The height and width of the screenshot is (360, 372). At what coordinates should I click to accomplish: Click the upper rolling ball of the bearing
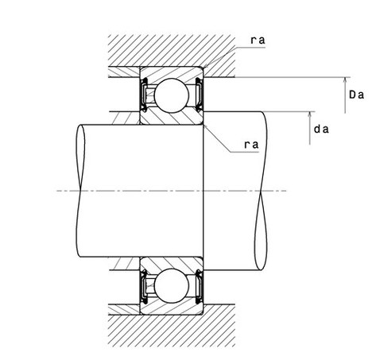click(172, 95)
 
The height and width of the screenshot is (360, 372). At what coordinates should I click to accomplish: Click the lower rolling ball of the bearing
click(172, 286)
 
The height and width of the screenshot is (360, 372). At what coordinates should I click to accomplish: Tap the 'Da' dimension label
click(356, 95)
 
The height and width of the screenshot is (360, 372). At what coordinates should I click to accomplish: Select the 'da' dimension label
click(321, 130)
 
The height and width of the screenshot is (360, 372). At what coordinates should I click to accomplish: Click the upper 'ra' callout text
click(258, 41)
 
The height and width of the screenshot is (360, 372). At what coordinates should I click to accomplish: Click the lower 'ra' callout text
click(251, 145)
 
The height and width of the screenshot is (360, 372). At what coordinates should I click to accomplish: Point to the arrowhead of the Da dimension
click(345, 80)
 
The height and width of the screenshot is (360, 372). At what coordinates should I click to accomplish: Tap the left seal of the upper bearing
click(144, 95)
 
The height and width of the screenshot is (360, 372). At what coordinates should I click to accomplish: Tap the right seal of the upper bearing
click(199, 95)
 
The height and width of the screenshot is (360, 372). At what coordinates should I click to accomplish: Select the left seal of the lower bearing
click(144, 287)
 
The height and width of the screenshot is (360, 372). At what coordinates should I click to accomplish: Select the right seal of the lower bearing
click(199, 287)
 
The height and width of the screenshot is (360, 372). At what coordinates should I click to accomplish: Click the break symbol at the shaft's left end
click(80, 191)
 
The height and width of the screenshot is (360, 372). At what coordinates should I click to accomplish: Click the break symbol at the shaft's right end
click(261, 191)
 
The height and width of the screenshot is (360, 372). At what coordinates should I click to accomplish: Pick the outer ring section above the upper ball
click(172, 72)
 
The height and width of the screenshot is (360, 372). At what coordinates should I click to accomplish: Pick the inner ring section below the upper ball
click(172, 118)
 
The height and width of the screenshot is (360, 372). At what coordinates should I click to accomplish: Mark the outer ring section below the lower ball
click(172, 309)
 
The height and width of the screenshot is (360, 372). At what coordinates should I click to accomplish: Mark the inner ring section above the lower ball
click(172, 263)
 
